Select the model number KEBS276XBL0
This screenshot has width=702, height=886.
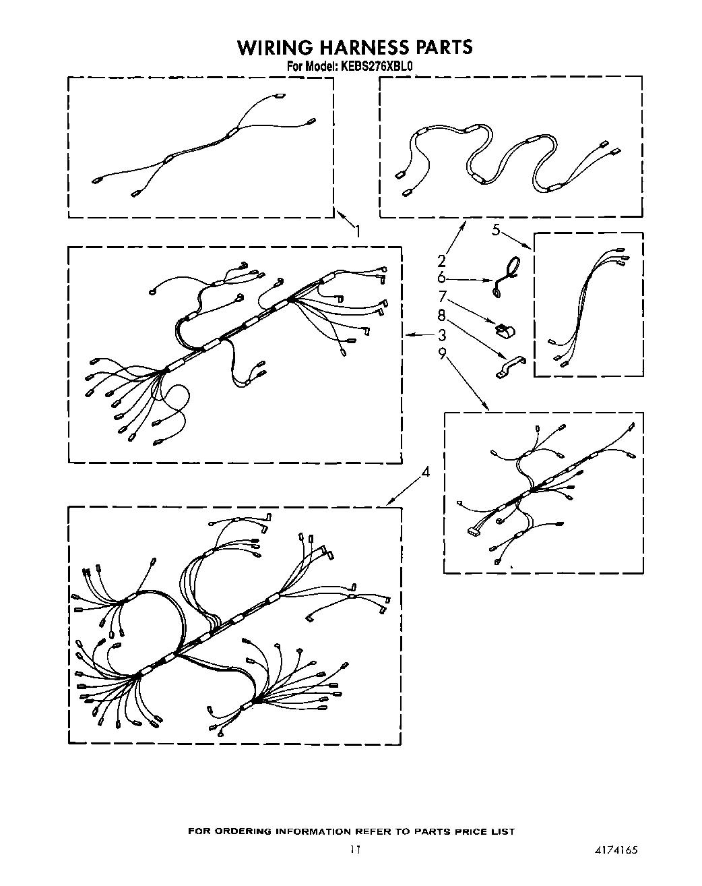click(378, 66)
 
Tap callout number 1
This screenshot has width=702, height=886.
click(358, 231)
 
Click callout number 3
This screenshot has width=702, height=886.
click(443, 335)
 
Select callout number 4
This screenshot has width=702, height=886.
click(425, 473)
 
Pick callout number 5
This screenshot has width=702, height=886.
click(496, 230)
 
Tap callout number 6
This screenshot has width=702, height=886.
click(442, 278)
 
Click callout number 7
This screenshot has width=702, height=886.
click(442, 296)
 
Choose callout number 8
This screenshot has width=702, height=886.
click(442, 314)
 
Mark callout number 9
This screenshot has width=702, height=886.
click(442, 353)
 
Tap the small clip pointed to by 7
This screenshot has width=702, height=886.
click(504, 330)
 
